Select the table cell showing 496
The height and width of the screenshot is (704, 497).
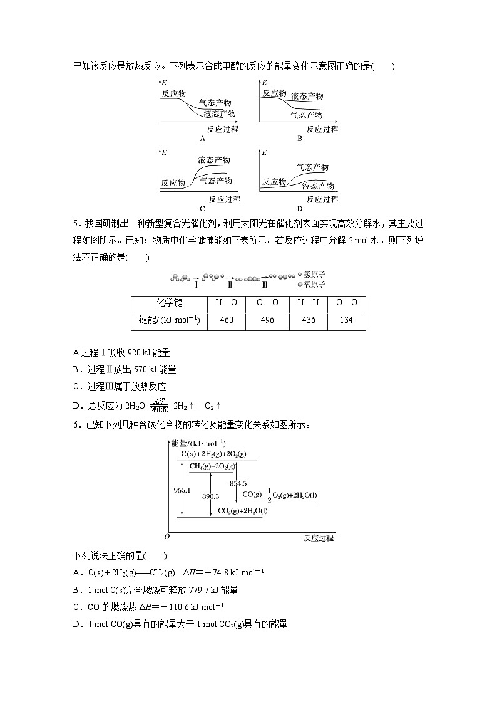coord(267,320)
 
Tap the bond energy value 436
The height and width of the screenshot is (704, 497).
coord(307,320)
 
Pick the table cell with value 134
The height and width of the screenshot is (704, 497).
coord(346,320)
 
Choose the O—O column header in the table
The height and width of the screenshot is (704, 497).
coord(346,303)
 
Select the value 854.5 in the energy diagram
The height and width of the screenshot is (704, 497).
coord(238,483)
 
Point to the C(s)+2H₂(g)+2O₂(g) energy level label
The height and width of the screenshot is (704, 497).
coord(213,454)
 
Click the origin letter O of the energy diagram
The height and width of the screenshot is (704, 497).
coord(167,537)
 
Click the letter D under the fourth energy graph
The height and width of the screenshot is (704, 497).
coord(299,209)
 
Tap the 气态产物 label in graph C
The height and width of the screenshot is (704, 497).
coord(216,180)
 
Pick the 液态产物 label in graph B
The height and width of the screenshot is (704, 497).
coord(307,96)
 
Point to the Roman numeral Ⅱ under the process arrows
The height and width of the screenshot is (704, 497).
coord(230,285)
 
